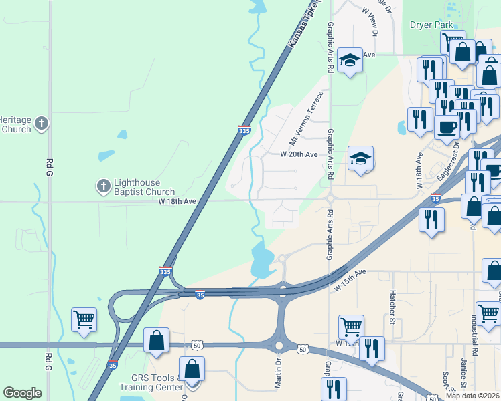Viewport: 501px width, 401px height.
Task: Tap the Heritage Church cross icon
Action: pos(42,123)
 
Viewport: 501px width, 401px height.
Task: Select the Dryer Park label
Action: pos(432,25)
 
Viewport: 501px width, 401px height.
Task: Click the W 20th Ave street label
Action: pos(299,154)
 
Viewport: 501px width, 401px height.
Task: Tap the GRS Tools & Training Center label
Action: pos(151,382)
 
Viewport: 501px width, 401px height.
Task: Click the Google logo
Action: pos(22,393)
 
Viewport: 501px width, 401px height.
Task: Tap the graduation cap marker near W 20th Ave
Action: pos(360,159)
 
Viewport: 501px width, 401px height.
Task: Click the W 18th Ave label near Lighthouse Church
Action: pos(177,200)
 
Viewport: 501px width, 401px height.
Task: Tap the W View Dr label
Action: pos(370,21)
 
